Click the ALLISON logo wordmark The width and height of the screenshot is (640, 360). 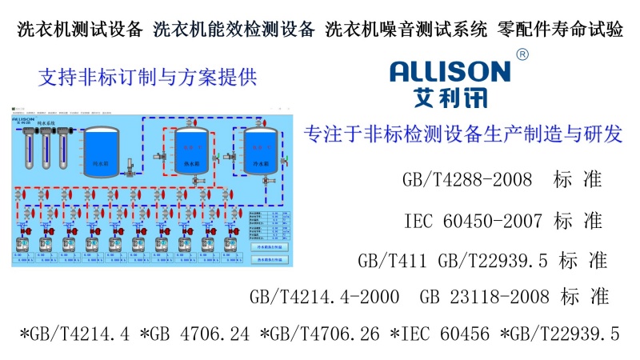pos(450,73)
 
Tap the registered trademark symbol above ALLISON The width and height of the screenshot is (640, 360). pos(522,54)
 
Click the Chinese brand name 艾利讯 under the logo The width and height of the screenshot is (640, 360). pos(450,100)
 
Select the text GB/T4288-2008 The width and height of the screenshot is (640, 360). pos(468,179)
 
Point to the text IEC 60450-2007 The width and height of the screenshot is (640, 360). pos(465,220)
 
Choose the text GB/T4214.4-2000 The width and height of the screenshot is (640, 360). pos(325,298)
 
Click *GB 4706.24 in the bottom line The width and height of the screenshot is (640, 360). pos(195,334)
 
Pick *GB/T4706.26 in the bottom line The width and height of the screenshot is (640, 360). pos(319,334)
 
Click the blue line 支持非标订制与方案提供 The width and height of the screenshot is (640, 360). pos(147,78)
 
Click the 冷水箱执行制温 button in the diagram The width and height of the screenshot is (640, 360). pos(270,247)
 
